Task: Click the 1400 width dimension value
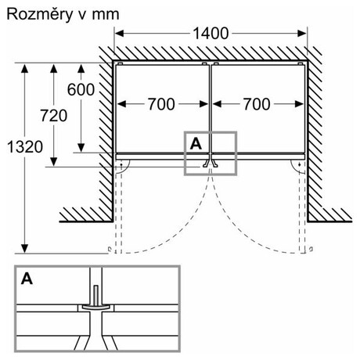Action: (211, 34)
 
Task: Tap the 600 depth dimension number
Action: (81, 90)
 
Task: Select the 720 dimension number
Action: (53, 116)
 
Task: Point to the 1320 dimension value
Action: (25, 147)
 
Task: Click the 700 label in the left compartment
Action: (161, 104)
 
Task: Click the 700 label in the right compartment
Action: (257, 104)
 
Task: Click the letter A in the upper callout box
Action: (196, 143)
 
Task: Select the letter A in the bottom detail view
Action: (27, 279)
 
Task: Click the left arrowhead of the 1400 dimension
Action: (119, 34)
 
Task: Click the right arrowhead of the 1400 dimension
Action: (302, 34)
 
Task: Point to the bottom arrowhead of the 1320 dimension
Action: (24, 249)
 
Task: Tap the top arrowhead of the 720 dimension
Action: (53, 68)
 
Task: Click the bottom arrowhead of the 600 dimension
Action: (81, 148)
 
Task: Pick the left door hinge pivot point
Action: (121, 164)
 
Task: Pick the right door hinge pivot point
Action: (300, 164)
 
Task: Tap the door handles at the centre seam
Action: (211, 163)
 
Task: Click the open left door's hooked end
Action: (110, 250)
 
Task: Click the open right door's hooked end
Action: (311, 249)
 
